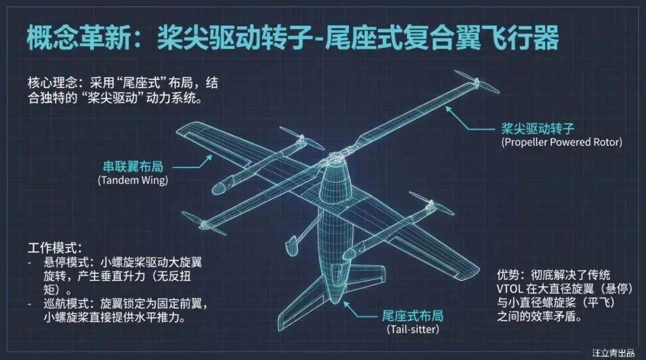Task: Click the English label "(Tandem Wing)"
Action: (x=132, y=180)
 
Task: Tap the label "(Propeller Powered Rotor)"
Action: (x=562, y=142)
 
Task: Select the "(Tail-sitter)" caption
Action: (x=413, y=330)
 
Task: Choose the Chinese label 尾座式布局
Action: (x=413, y=316)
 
